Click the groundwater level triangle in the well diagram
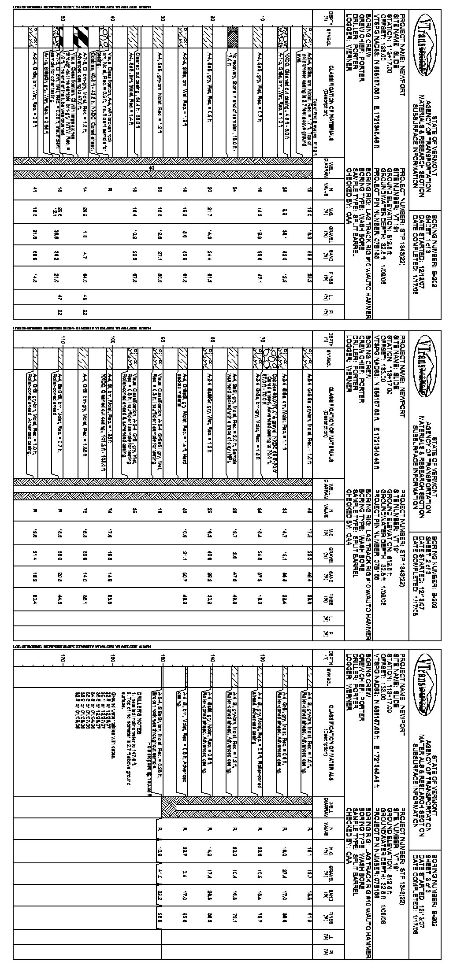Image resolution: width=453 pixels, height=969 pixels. point(151,168)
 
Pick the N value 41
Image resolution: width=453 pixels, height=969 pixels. point(35,190)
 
